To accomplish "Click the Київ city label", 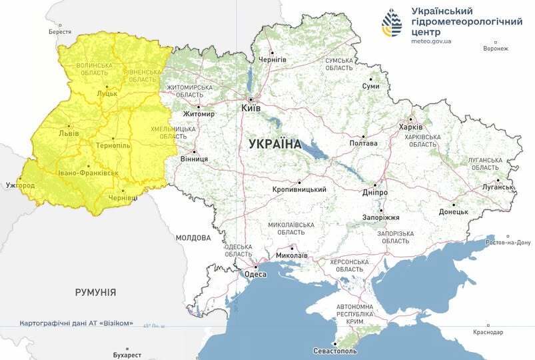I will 250,107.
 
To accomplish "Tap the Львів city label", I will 69,133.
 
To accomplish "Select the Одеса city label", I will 255,274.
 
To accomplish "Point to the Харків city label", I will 410,127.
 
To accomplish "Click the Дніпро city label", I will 375,193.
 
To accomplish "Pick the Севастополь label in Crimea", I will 335,351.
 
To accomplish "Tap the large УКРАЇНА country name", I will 274,144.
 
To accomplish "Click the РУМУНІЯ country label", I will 95,292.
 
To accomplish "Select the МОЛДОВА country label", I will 193,237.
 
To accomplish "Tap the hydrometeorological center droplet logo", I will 392,25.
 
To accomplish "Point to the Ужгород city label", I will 20,184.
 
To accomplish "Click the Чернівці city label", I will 123,198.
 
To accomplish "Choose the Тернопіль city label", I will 113,145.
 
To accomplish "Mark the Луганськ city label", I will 496,188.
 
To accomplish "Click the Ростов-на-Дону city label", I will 509,242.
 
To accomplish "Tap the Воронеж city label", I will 496,49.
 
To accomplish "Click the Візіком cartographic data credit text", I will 77,323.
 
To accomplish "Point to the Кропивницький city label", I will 299,189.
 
